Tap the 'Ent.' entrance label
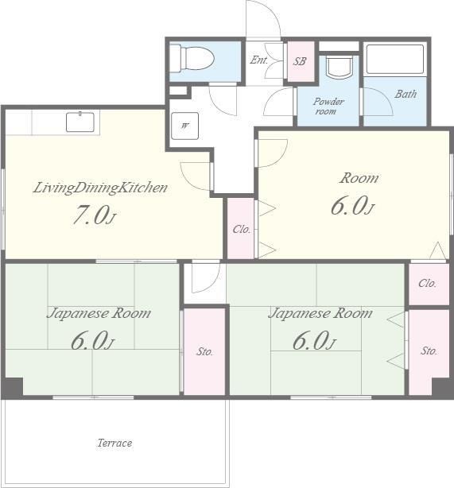pos(258,60)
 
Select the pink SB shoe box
pos(301,61)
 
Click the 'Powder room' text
pos(328,107)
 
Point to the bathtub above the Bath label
pos(395,59)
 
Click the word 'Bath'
pos(405,94)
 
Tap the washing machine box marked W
pos(185,126)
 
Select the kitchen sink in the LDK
pos(80,122)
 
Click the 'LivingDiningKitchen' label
pos(100,188)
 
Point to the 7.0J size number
pos(94,215)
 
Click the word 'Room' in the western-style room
pos(359,178)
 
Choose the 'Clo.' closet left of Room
pos(241,228)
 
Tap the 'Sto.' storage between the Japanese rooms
pos(204,351)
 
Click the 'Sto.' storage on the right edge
pos(429,351)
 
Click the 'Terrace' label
pos(115,443)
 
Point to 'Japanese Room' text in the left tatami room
pos(99,313)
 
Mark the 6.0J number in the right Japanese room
pos(314,340)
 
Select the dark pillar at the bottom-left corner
pos(13,388)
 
